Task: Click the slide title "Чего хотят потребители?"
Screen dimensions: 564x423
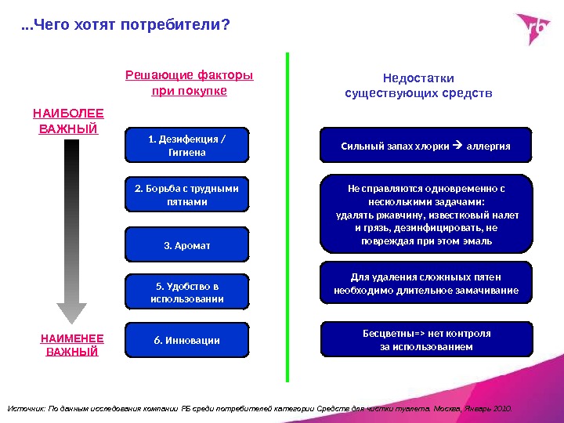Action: (125, 26)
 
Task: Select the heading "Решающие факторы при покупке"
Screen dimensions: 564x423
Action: (189, 84)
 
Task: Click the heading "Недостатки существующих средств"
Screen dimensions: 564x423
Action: (418, 86)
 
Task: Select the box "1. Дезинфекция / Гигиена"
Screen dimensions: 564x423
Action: (186, 146)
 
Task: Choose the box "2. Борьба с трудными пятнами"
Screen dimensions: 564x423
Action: (186, 195)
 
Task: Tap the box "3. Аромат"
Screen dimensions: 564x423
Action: (186, 245)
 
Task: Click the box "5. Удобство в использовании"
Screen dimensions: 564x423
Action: (186, 291)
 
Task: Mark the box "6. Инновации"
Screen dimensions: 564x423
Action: (186, 340)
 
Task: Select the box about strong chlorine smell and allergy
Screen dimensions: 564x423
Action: (425, 146)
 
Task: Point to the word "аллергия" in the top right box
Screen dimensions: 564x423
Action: (488, 146)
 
